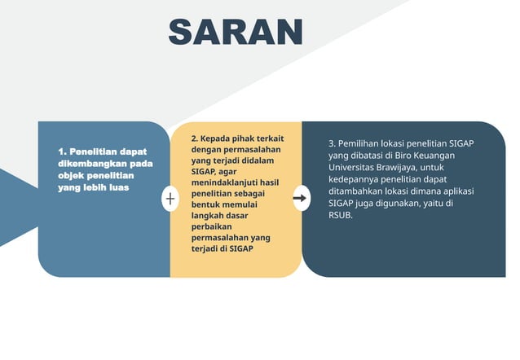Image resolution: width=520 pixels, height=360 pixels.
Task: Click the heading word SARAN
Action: click(x=236, y=32)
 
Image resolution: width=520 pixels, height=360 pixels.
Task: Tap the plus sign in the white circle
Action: click(x=170, y=199)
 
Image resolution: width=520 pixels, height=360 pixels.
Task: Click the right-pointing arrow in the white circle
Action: click(x=301, y=198)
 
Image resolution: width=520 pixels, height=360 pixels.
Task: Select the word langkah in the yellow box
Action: click(x=209, y=215)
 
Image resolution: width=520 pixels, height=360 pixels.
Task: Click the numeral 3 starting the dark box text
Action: click(x=331, y=143)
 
